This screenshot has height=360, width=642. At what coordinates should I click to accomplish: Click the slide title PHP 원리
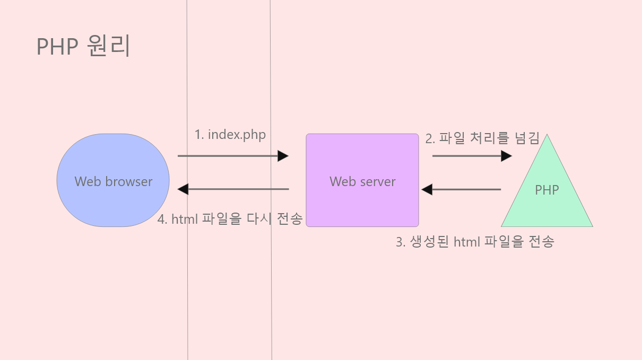click(x=83, y=47)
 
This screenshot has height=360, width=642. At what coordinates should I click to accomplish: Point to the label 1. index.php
click(x=230, y=135)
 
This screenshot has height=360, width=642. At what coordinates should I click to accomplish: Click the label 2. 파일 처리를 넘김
click(x=482, y=139)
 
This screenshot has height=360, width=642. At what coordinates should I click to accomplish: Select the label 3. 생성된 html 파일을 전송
click(x=475, y=242)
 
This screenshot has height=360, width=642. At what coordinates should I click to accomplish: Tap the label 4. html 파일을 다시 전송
click(x=230, y=219)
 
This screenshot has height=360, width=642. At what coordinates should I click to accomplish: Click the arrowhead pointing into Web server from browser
click(x=283, y=156)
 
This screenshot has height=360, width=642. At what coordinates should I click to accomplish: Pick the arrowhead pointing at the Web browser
click(x=183, y=189)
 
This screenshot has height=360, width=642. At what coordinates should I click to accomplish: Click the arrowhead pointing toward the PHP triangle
click(x=507, y=156)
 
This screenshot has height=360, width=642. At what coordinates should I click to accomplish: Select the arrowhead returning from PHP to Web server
click(x=427, y=189)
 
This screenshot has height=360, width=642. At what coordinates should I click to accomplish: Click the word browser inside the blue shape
click(x=128, y=182)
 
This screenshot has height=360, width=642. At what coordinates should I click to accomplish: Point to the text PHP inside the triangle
click(x=547, y=190)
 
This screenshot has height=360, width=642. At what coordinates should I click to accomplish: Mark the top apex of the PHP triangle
click(x=547, y=136)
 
